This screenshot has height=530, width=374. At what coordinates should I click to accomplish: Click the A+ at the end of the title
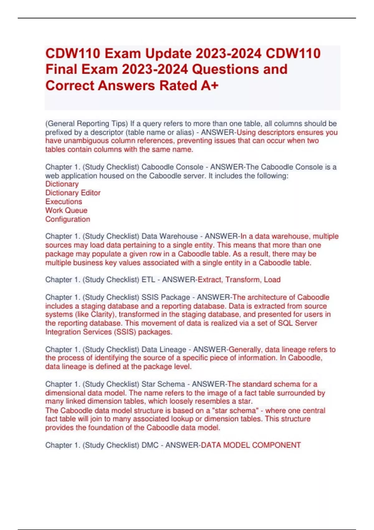pos(209,86)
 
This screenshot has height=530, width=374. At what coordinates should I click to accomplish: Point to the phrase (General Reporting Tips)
pos(87,124)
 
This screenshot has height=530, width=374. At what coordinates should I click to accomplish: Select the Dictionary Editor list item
pos(73,193)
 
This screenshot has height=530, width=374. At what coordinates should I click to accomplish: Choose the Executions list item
pos(64,202)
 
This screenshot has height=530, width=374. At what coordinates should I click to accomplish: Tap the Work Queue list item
pos(66,210)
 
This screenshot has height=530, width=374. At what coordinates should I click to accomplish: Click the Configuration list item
pos(68,219)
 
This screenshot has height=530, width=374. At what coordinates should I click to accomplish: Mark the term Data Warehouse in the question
pos(170,236)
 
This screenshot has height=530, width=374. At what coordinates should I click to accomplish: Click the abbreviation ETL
pos(148,280)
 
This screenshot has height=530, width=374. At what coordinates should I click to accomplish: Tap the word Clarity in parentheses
pos(102,315)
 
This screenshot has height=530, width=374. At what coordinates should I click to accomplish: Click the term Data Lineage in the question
pos(164,350)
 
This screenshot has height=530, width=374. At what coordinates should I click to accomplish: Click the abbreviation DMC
pos(150,445)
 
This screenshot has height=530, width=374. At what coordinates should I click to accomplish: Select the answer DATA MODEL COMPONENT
pos(251,445)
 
